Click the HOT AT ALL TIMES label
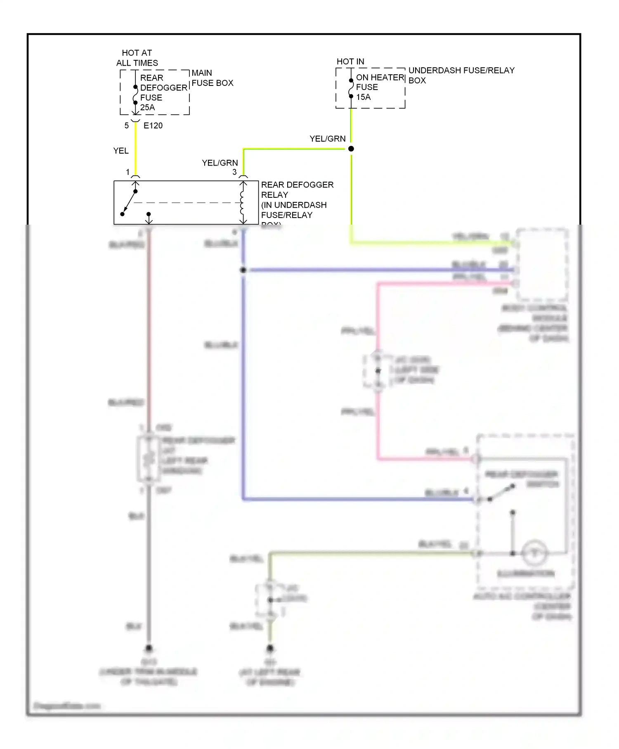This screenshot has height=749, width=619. pyautogui.click(x=137, y=58)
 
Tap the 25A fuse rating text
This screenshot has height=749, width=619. pyautogui.click(x=147, y=107)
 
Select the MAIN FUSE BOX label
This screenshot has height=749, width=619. pyautogui.click(x=212, y=78)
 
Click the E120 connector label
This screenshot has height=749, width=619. pyautogui.click(x=153, y=126)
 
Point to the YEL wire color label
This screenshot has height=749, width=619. pyautogui.click(x=121, y=151)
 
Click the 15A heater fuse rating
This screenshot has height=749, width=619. pyautogui.click(x=363, y=97)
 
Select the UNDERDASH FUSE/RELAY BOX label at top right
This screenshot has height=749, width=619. pyautogui.click(x=461, y=75)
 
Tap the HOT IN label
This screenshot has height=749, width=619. pyautogui.click(x=350, y=62)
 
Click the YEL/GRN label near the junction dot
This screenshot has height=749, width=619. pyautogui.click(x=328, y=139)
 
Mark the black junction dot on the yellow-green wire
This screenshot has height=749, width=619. pyautogui.click(x=351, y=149)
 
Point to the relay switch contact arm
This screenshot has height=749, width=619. pyautogui.click(x=129, y=202)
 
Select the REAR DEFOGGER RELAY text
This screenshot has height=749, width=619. pyautogui.click(x=297, y=190)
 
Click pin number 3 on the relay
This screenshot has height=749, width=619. pyautogui.click(x=234, y=172)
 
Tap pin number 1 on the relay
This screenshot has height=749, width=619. pyautogui.click(x=128, y=172)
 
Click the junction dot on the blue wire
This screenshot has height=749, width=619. pyautogui.click(x=243, y=270)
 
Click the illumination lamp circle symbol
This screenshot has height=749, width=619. pyautogui.click(x=534, y=553)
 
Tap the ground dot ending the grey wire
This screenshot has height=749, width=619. pyautogui.click(x=149, y=648)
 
